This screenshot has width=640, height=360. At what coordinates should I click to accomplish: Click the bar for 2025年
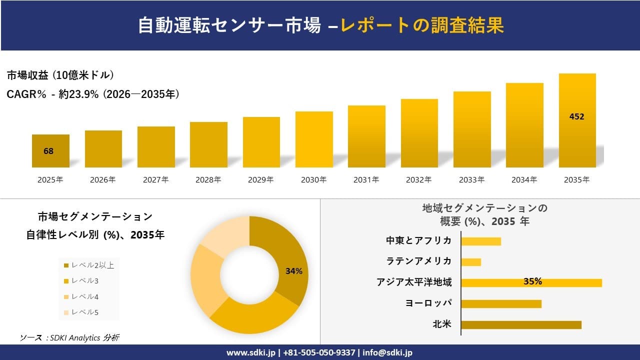[x=50, y=151]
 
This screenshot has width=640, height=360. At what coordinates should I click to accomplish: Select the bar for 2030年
[x=314, y=139]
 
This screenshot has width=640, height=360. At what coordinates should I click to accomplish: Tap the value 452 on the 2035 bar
[x=576, y=117]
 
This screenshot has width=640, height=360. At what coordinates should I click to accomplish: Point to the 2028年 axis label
[x=208, y=179]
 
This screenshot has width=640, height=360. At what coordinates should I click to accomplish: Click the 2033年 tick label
[x=471, y=179]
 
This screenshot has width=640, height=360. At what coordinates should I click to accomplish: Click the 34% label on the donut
[x=294, y=271]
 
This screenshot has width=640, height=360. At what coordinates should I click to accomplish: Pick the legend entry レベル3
[x=84, y=280]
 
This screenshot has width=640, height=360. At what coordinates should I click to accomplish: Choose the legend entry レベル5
[x=84, y=312]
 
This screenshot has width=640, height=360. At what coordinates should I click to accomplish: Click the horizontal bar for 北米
[x=521, y=325]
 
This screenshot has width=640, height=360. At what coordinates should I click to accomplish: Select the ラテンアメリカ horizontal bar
[x=471, y=262]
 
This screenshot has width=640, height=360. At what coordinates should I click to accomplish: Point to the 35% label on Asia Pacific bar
[x=532, y=281]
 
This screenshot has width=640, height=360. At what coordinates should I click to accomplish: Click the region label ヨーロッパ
[x=428, y=303]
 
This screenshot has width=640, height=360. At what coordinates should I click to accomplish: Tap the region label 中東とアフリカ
[x=418, y=240]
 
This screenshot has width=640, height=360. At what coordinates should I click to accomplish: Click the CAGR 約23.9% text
[x=93, y=94]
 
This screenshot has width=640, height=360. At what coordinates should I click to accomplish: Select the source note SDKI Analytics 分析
[x=69, y=337]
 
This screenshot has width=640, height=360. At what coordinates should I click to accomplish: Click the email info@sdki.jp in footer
[x=387, y=352]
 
